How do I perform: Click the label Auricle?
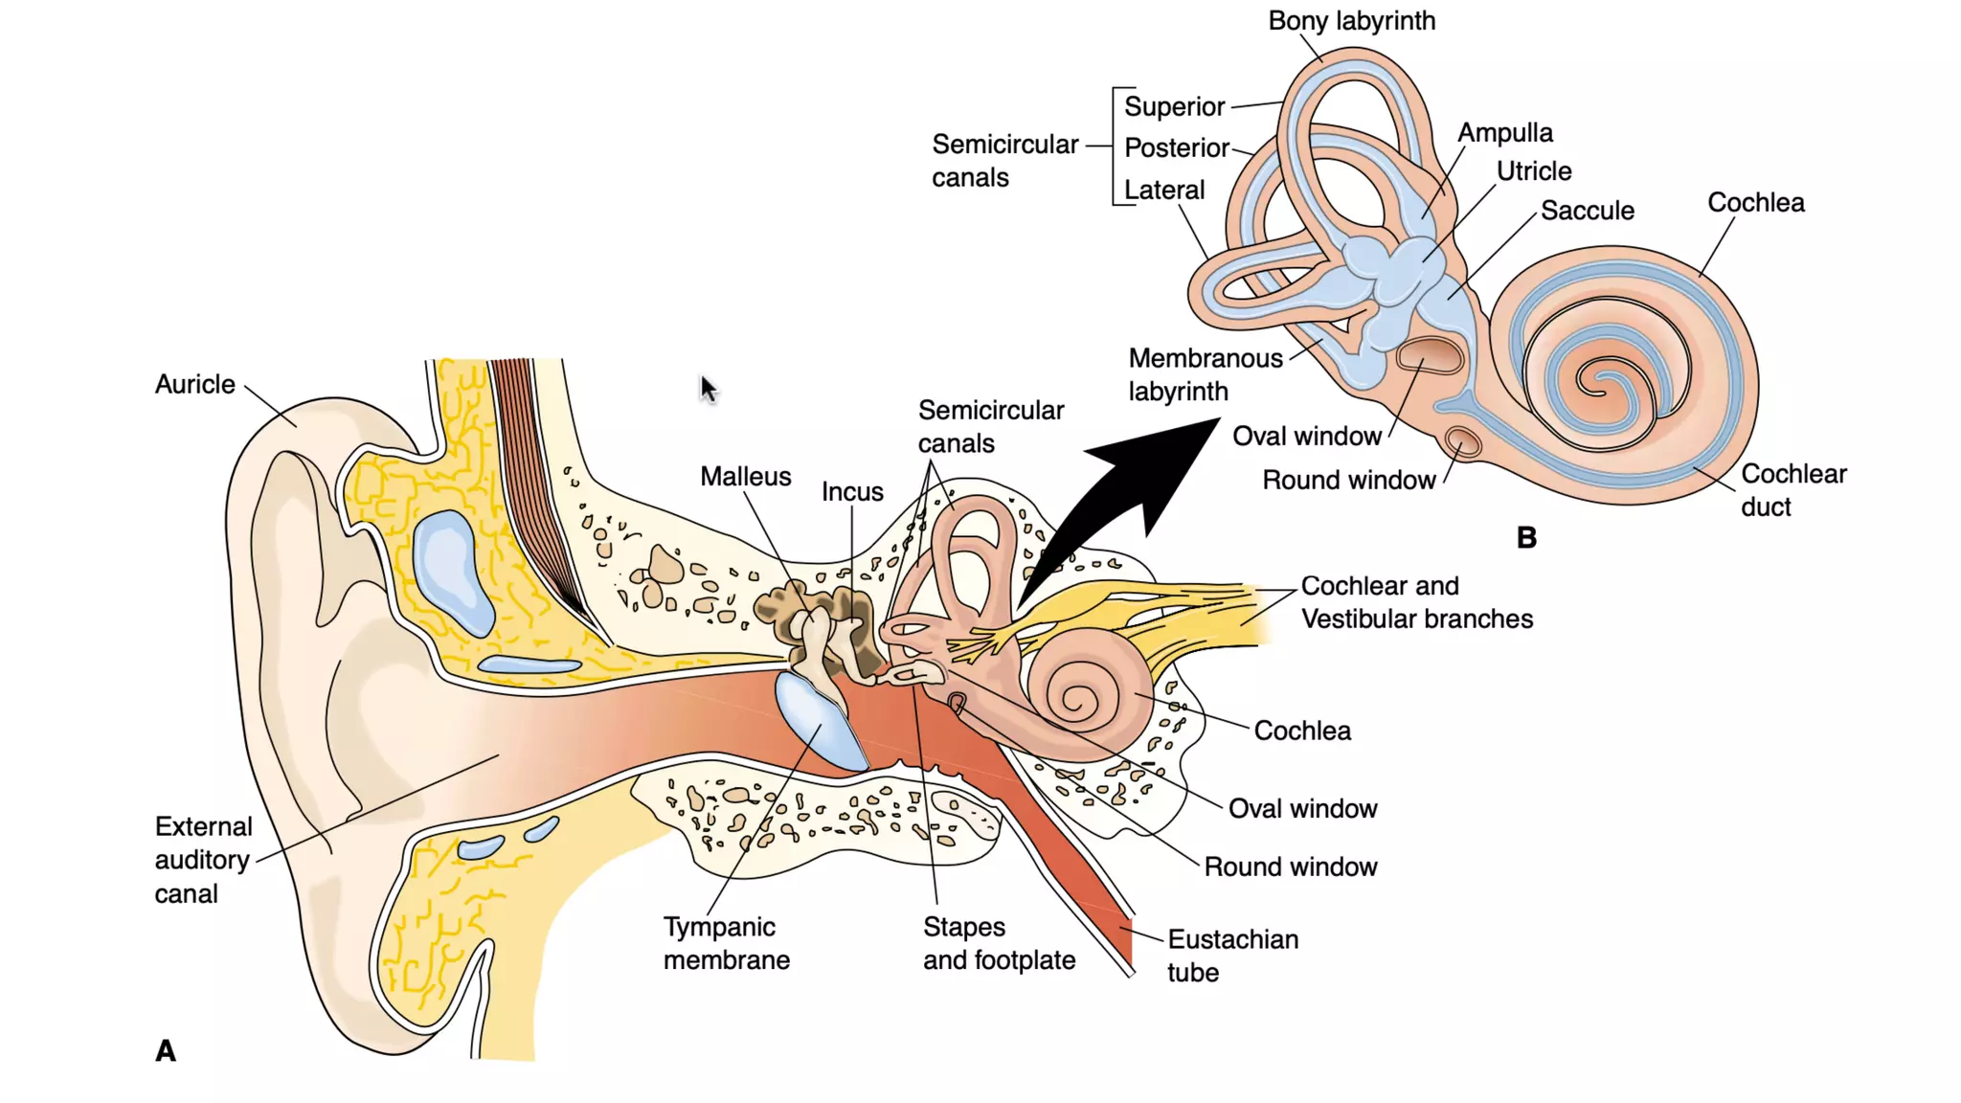point(194,384)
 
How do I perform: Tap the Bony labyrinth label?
point(1351,21)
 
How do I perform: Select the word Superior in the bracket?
point(1174,106)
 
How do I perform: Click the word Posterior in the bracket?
point(1176,148)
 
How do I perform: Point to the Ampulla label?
point(1505,133)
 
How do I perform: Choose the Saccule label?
point(1587,211)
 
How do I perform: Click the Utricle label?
point(1534,171)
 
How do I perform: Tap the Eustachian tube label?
point(1231,956)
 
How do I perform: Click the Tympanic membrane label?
point(726,943)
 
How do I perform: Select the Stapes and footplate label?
point(998,943)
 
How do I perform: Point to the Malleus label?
point(745,477)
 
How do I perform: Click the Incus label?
point(852,492)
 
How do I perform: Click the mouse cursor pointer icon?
point(708,389)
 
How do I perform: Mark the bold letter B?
point(1526,538)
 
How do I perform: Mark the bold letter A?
point(166,1051)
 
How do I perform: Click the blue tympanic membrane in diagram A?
point(819,723)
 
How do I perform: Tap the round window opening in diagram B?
point(1462,443)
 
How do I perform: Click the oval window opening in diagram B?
point(1430,356)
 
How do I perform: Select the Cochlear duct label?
point(1792,490)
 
